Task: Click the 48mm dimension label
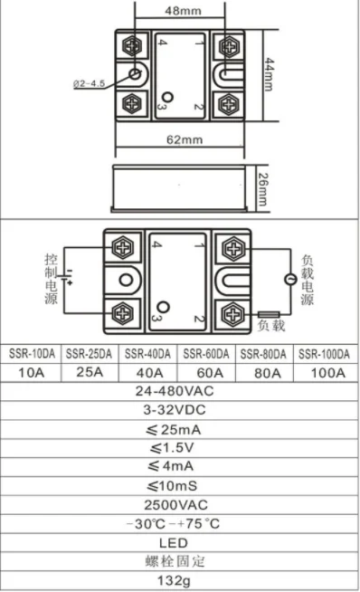183,11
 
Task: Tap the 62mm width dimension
185,140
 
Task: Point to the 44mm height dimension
269,74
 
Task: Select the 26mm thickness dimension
262,189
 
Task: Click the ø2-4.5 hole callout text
89,83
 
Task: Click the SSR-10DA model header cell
32,354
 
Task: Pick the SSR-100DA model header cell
324,354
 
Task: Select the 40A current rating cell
150,373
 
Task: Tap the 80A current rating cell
268,373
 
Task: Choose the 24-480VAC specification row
175,391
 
